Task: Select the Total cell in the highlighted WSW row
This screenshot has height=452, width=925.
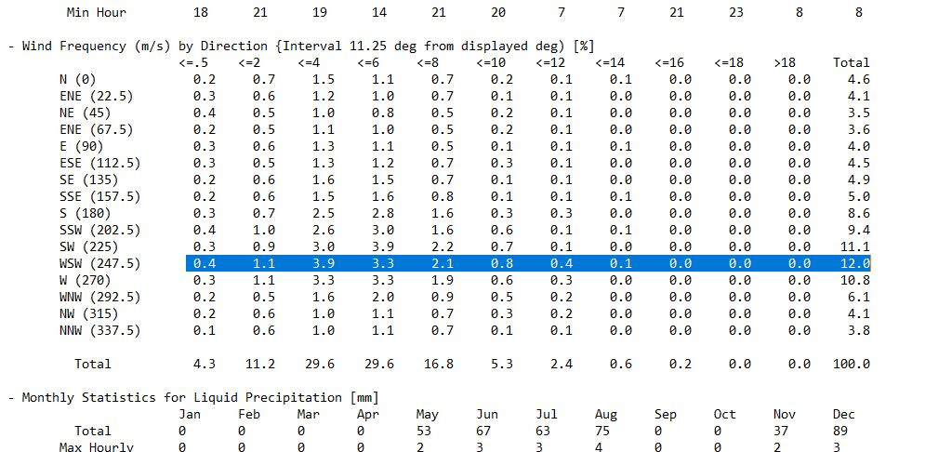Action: [x=852, y=263]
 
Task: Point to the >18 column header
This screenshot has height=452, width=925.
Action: [x=786, y=62]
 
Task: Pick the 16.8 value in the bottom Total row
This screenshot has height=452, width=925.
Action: [x=438, y=364]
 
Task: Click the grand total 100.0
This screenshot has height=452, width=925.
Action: [x=852, y=364]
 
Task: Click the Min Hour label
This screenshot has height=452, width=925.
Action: [x=97, y=12]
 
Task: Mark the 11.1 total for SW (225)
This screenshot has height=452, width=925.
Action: [x=852, y=246]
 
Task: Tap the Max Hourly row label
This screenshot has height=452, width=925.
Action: [x=105, y=447]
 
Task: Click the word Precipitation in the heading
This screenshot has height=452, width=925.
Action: [x=296, y=397]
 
